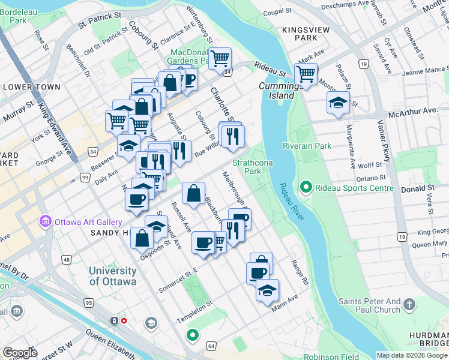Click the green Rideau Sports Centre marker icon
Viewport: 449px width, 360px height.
pyautogui.click(x=305, y=188)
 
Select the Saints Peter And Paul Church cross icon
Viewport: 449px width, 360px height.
pyautogui.click(x=409, y=304)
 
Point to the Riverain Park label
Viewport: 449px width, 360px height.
pyautogui.click(x=307, y=146)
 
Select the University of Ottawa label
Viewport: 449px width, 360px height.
pyautogui.click(x=113, y=276)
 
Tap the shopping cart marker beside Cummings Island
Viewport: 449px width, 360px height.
pyautogui.click(x=306, y=74)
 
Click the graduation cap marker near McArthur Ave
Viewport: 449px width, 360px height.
pyautogui.click(x=339, y=102)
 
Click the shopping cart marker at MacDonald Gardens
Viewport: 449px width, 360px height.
pyautogui.click(x=220, y=59)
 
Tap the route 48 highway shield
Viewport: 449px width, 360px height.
pyautogui.click(x=65, y=260)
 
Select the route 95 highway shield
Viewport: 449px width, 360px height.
pyautogui.click(x=89, y=302)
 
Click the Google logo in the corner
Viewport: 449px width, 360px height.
pyautogui.click(x=20, y=353)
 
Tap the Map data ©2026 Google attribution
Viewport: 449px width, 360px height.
pyautogui.click(x=411, y=355)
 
